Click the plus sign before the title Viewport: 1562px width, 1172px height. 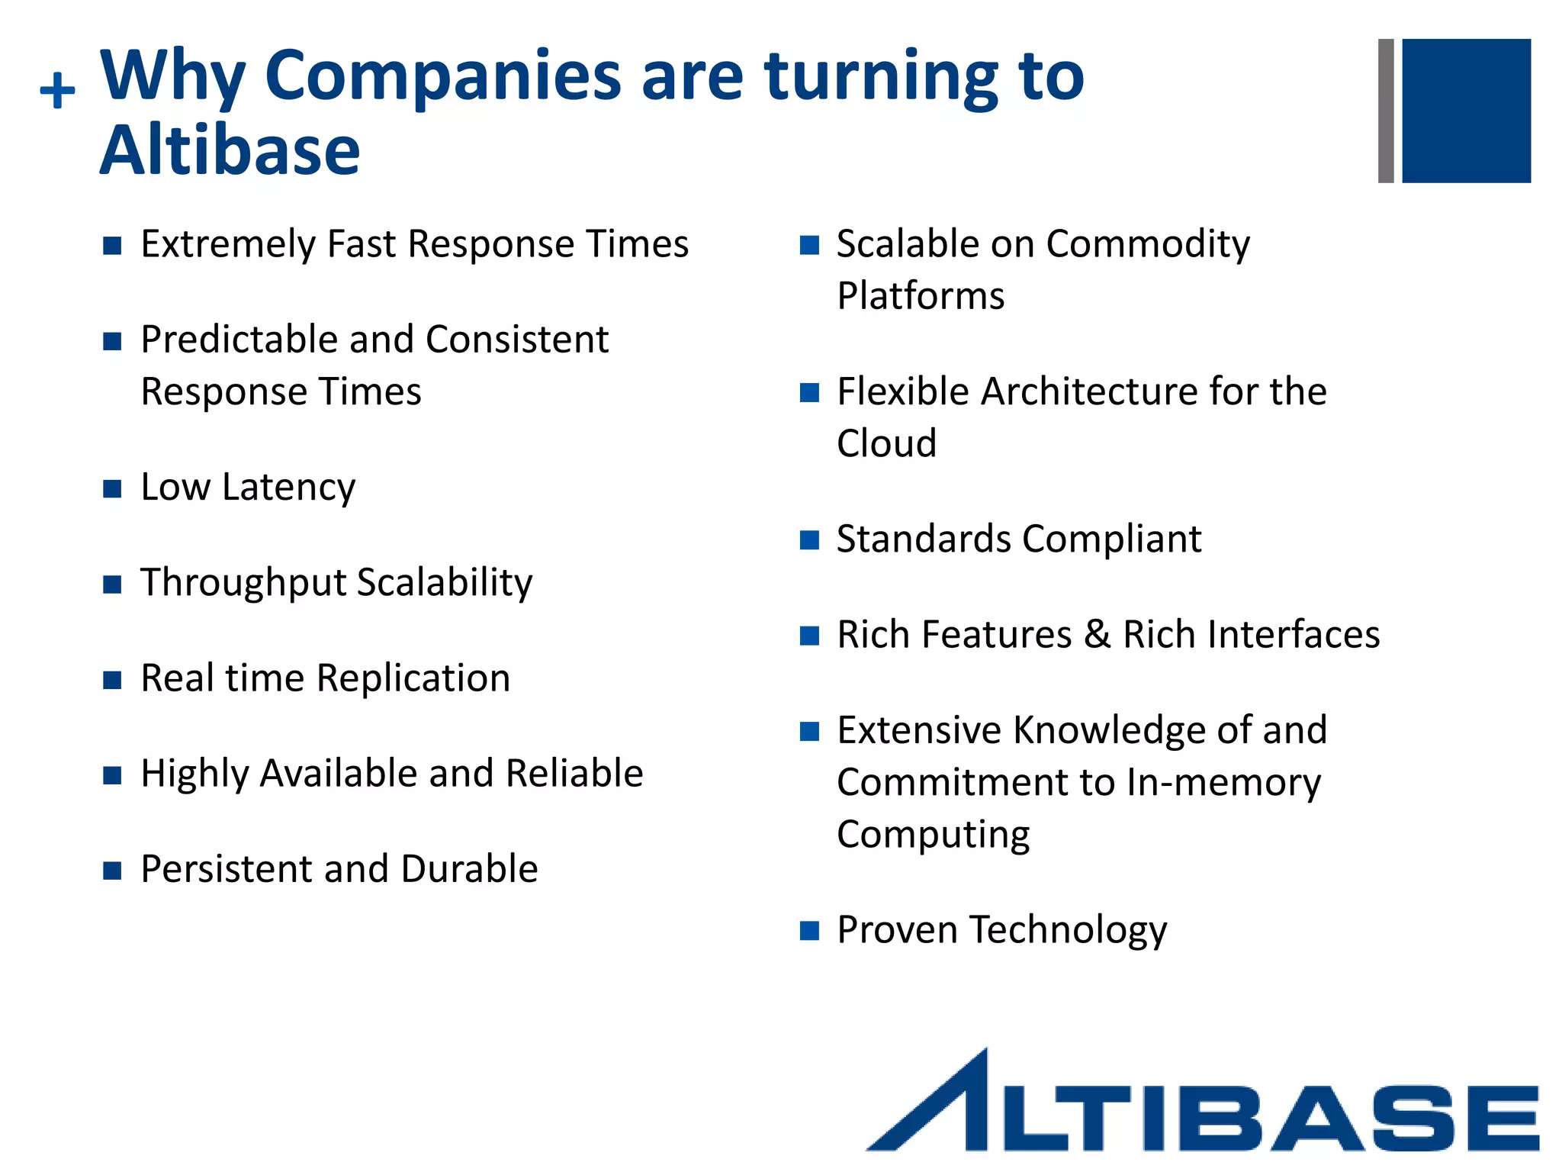click(57, 91)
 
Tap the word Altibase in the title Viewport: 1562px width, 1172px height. click(230, 150)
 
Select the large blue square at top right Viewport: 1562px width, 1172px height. click(1465, 111)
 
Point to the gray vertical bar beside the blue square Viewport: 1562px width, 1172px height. click(1385, 111)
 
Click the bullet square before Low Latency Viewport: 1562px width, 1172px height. click(112, 488)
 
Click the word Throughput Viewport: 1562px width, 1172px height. click(243, 584)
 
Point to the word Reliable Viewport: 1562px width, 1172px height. click(574, 774)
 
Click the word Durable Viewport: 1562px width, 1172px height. click(469, 869)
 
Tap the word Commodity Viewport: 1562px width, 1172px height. click(1147, 246)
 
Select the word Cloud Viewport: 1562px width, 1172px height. click(886, 444)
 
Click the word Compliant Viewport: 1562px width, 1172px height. click(1111, 540)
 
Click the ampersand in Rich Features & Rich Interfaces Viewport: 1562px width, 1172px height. click(1097, 635)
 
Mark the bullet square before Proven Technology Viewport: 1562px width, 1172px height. click(808, 930)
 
